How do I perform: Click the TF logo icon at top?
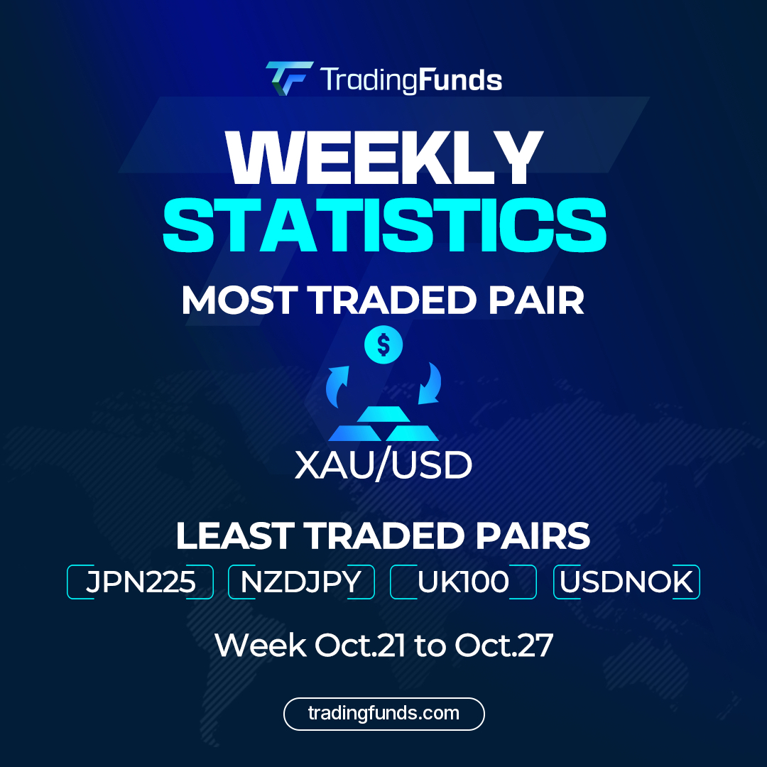pos(289,78)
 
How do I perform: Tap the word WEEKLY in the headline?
pos(383,158)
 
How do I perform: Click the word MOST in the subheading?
pos(242,300)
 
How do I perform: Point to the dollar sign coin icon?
pos(383,346)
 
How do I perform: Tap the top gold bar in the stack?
pos(383,413)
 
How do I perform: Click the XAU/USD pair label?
pos(383,466)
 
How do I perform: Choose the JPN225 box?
pos(141,582)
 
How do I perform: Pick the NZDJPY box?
pos(301,582)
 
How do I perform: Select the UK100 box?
pos(464,582)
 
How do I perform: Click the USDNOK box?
pos(626,582)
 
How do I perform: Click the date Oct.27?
pos(504,646)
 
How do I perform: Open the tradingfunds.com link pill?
pos(383,714)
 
